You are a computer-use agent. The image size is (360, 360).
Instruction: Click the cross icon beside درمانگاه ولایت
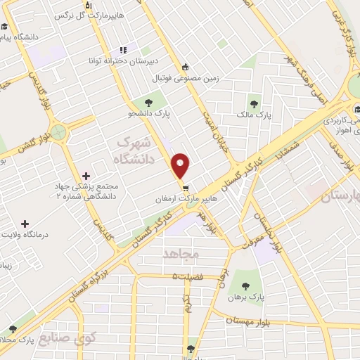click(26, 223)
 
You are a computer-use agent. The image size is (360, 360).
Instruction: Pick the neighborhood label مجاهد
click(181, 252)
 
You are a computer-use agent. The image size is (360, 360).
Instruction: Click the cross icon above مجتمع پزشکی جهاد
click(86, 175)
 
